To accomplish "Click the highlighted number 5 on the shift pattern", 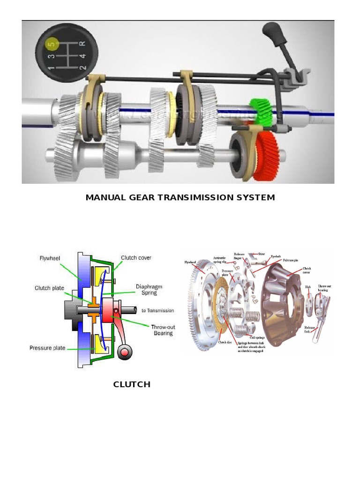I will (51, 44).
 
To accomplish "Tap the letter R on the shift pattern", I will (82, 44).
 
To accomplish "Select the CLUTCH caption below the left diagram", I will (132, 384).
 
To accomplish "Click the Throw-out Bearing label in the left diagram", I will (162, 330).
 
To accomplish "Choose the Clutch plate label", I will (49, 288).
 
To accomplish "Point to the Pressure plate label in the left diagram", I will (47, 348).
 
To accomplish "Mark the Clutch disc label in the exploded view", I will (225, 343).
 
